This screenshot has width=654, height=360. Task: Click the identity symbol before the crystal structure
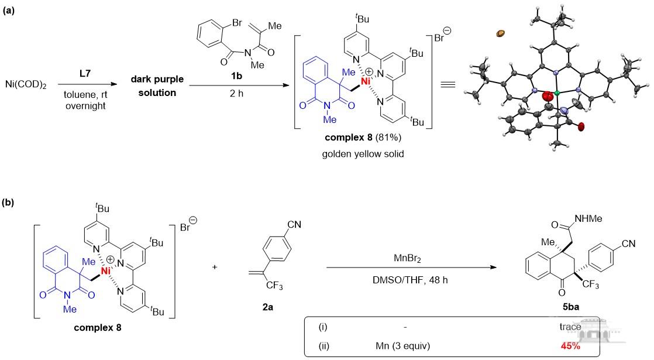[448, 85]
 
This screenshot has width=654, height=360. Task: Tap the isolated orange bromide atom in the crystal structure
[500, 34]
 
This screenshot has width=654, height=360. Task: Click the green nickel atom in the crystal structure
[557, 93]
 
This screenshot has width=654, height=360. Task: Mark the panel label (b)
[9, 203]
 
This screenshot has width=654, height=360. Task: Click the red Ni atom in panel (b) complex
[104, 271]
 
